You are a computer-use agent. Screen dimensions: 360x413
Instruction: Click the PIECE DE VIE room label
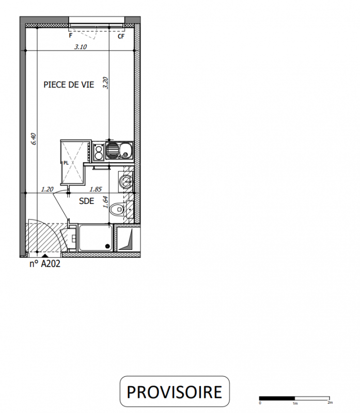click(69, 85)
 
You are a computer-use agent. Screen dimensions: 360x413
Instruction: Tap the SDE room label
click(86, 201)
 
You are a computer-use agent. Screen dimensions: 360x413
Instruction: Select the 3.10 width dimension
click(81, 47)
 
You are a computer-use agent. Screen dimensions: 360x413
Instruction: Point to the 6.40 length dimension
click(34, 139)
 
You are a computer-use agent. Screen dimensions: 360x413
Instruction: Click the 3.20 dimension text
click(105, 83)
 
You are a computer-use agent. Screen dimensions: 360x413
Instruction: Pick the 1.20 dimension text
click(47, 189)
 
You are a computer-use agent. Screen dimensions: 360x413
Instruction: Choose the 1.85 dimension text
click(96, 189)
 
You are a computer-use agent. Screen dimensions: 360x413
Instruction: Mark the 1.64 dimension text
click(105, 202)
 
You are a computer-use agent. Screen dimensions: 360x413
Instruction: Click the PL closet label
click(66, 163)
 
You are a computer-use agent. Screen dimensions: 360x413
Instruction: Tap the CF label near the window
click(121, 36)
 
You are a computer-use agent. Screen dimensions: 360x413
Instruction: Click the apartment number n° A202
click(45, 264)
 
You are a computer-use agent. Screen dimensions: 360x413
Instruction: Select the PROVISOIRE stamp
click(175, 392)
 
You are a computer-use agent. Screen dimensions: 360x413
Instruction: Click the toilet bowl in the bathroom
click(117, 210)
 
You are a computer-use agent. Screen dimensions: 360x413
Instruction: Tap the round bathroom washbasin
click(126, 181)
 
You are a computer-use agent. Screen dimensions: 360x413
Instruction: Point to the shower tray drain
click(107, 246)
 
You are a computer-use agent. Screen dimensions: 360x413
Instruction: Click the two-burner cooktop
click(99, 152)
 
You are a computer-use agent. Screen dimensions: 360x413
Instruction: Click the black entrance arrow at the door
click(45, 256)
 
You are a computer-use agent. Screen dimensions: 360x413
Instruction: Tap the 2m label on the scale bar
click(330, 403)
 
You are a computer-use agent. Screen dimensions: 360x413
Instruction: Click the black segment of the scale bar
click(277, 398)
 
